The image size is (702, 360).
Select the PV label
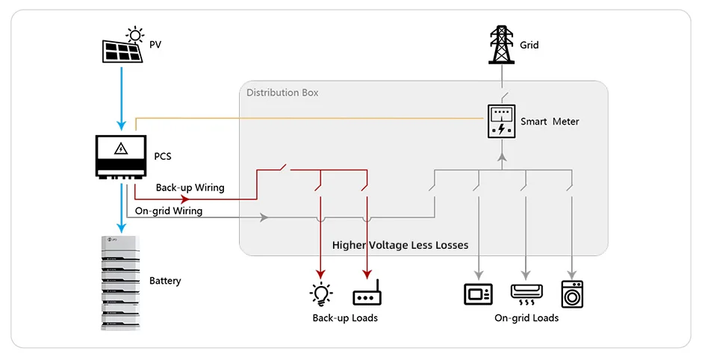pyautogui.click(x=155, y=46)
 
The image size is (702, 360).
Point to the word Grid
pyautogui.click(x=529, y=46)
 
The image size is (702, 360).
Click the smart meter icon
pyautogui.click(x=501, y=122)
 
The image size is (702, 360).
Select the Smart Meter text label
pyautogui.click(x=550, y=122)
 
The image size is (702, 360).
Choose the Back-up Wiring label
pyautogui.click(x=190, y=187)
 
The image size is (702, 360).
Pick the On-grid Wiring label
pyautogui.click(x=169, y=211)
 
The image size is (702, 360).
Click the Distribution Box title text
pyautogui.click(x=282, y=93)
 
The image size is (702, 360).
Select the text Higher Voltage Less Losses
pyautogui.click(x=400, y=245)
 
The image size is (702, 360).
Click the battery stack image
pyautogui.click(x=119, y=282)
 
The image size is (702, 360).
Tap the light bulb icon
pyautogui.click(x=321, y=294)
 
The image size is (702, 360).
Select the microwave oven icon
pyautogui.click(x=478, y=294)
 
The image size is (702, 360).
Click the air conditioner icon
pyautogui.click(x=526, y=294)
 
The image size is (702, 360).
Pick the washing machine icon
pyautogui.click(x=573, y=294)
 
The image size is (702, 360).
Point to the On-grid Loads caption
pyautogui.click(x=526, y=318)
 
